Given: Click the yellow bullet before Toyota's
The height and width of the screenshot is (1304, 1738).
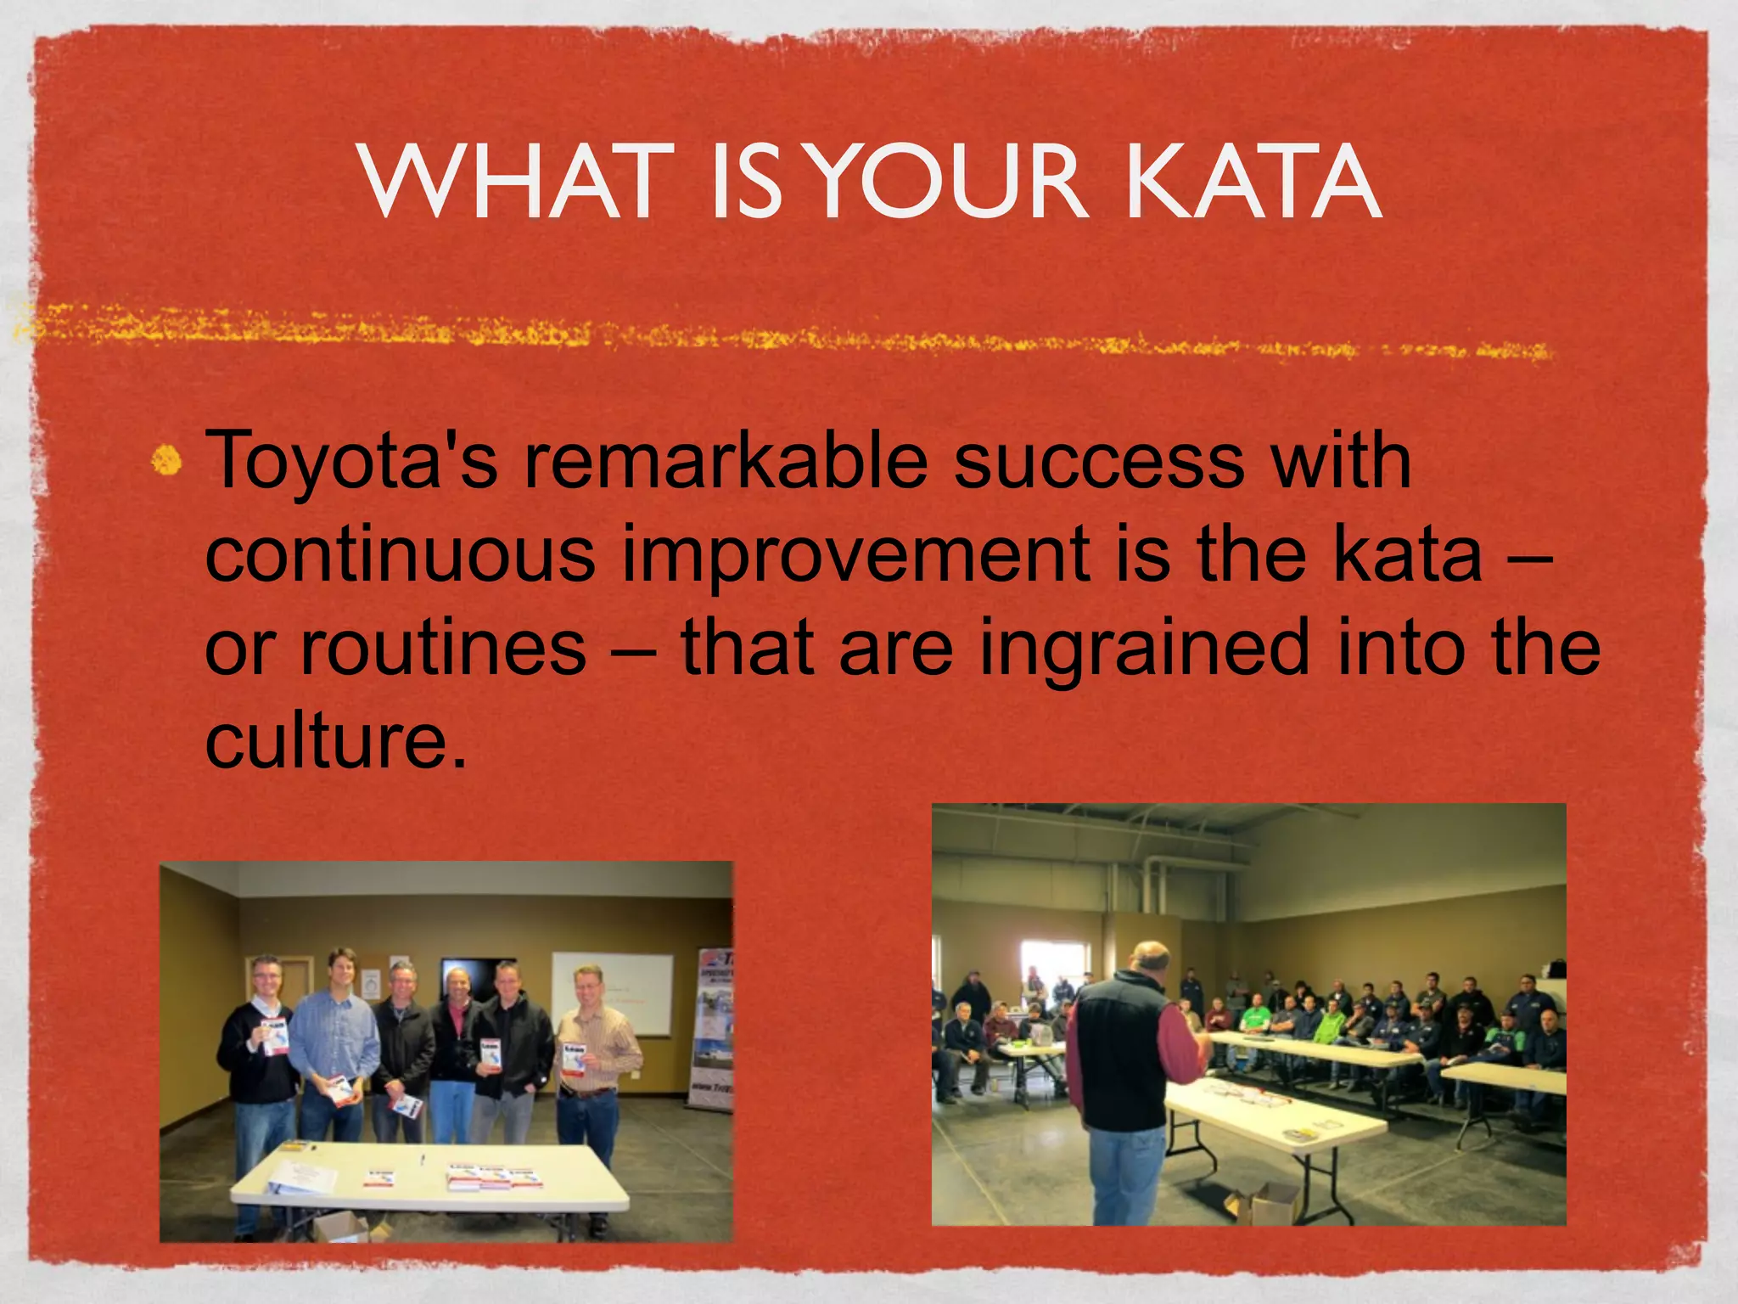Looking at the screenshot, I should [167, 461].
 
